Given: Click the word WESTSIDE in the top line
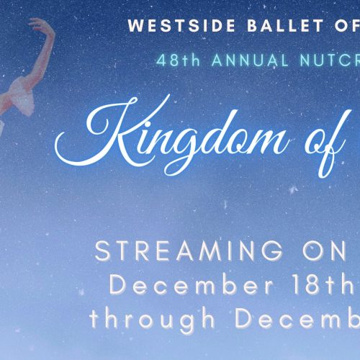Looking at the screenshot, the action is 181,26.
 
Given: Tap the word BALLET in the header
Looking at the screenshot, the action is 286,26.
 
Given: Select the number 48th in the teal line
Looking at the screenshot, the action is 179,60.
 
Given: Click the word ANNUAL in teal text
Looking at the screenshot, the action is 250,60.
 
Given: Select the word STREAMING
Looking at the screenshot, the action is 189,251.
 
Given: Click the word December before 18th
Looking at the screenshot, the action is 192,285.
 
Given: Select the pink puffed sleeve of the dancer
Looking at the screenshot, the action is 23,92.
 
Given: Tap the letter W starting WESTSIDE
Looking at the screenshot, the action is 135,26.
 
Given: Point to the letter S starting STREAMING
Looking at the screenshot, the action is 102,251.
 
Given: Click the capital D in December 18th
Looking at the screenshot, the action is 118,285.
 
